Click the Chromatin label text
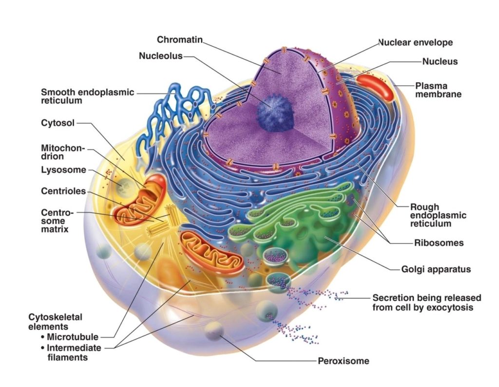pos(179,39)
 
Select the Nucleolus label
pos(160,56)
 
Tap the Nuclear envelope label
pos(416,42)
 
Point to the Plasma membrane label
pos(438,90)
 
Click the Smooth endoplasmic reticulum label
pos(87,96)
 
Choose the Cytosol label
pos(58,123)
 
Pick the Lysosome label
pos(63,170)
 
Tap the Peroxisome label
pos(344,361)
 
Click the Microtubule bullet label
pos(72,337)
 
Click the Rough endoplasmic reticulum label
pos(431,215)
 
